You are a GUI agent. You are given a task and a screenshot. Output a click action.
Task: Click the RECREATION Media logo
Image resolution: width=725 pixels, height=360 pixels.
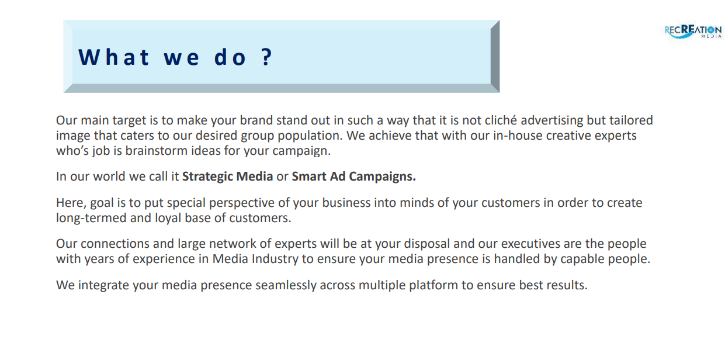pos(693,32)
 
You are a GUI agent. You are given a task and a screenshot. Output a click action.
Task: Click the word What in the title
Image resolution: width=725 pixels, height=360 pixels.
pos(113,57)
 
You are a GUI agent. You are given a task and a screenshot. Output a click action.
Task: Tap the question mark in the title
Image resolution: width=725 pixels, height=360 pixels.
pos(267,57)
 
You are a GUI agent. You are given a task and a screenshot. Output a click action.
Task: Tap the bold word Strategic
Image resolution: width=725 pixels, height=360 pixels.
pos(207,176)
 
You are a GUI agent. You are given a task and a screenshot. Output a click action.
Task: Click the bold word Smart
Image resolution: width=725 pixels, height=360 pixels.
pos(309,176)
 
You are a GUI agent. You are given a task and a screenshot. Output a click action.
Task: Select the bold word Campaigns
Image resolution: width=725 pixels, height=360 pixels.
pos(382,176)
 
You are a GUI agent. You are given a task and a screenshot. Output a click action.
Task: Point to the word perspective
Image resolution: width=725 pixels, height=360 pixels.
pos(241,203)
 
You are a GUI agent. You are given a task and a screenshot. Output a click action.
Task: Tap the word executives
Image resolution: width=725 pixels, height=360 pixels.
pos(531,244)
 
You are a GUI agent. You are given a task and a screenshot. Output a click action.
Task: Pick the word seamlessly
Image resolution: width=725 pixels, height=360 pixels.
pos(286,285)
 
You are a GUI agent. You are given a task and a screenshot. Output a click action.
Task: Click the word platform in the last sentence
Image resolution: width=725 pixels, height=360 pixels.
pos(433,285)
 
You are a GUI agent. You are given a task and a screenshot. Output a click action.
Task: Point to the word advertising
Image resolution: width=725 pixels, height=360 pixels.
pos(552,120)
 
